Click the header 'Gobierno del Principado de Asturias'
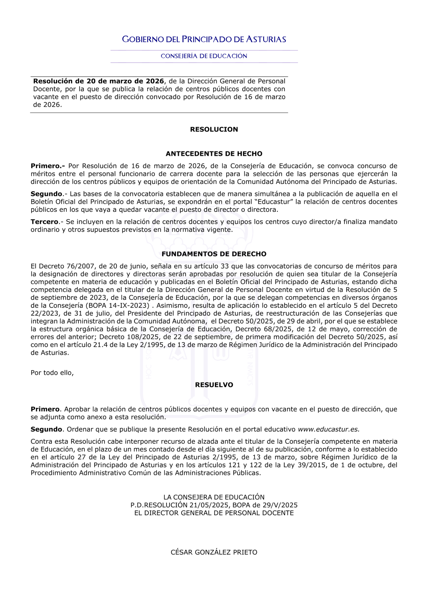tap(204, 39)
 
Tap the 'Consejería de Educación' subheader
tap(204, 56)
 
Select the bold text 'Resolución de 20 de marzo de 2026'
tap(98, 81)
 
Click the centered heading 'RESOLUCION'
tap(214, 129)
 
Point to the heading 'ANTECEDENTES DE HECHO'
tap(214, 154)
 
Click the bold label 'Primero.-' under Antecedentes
tap(48, 166)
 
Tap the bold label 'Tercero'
tap(45, 222)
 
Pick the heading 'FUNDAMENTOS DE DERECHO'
tap(214, 254)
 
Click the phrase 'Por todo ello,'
tap(52, 373)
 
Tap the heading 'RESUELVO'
tap(214, 385)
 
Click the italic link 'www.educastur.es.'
tap(328, 429)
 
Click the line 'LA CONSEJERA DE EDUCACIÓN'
tap(214, 497)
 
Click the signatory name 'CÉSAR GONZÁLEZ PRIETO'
tap(214, 552)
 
